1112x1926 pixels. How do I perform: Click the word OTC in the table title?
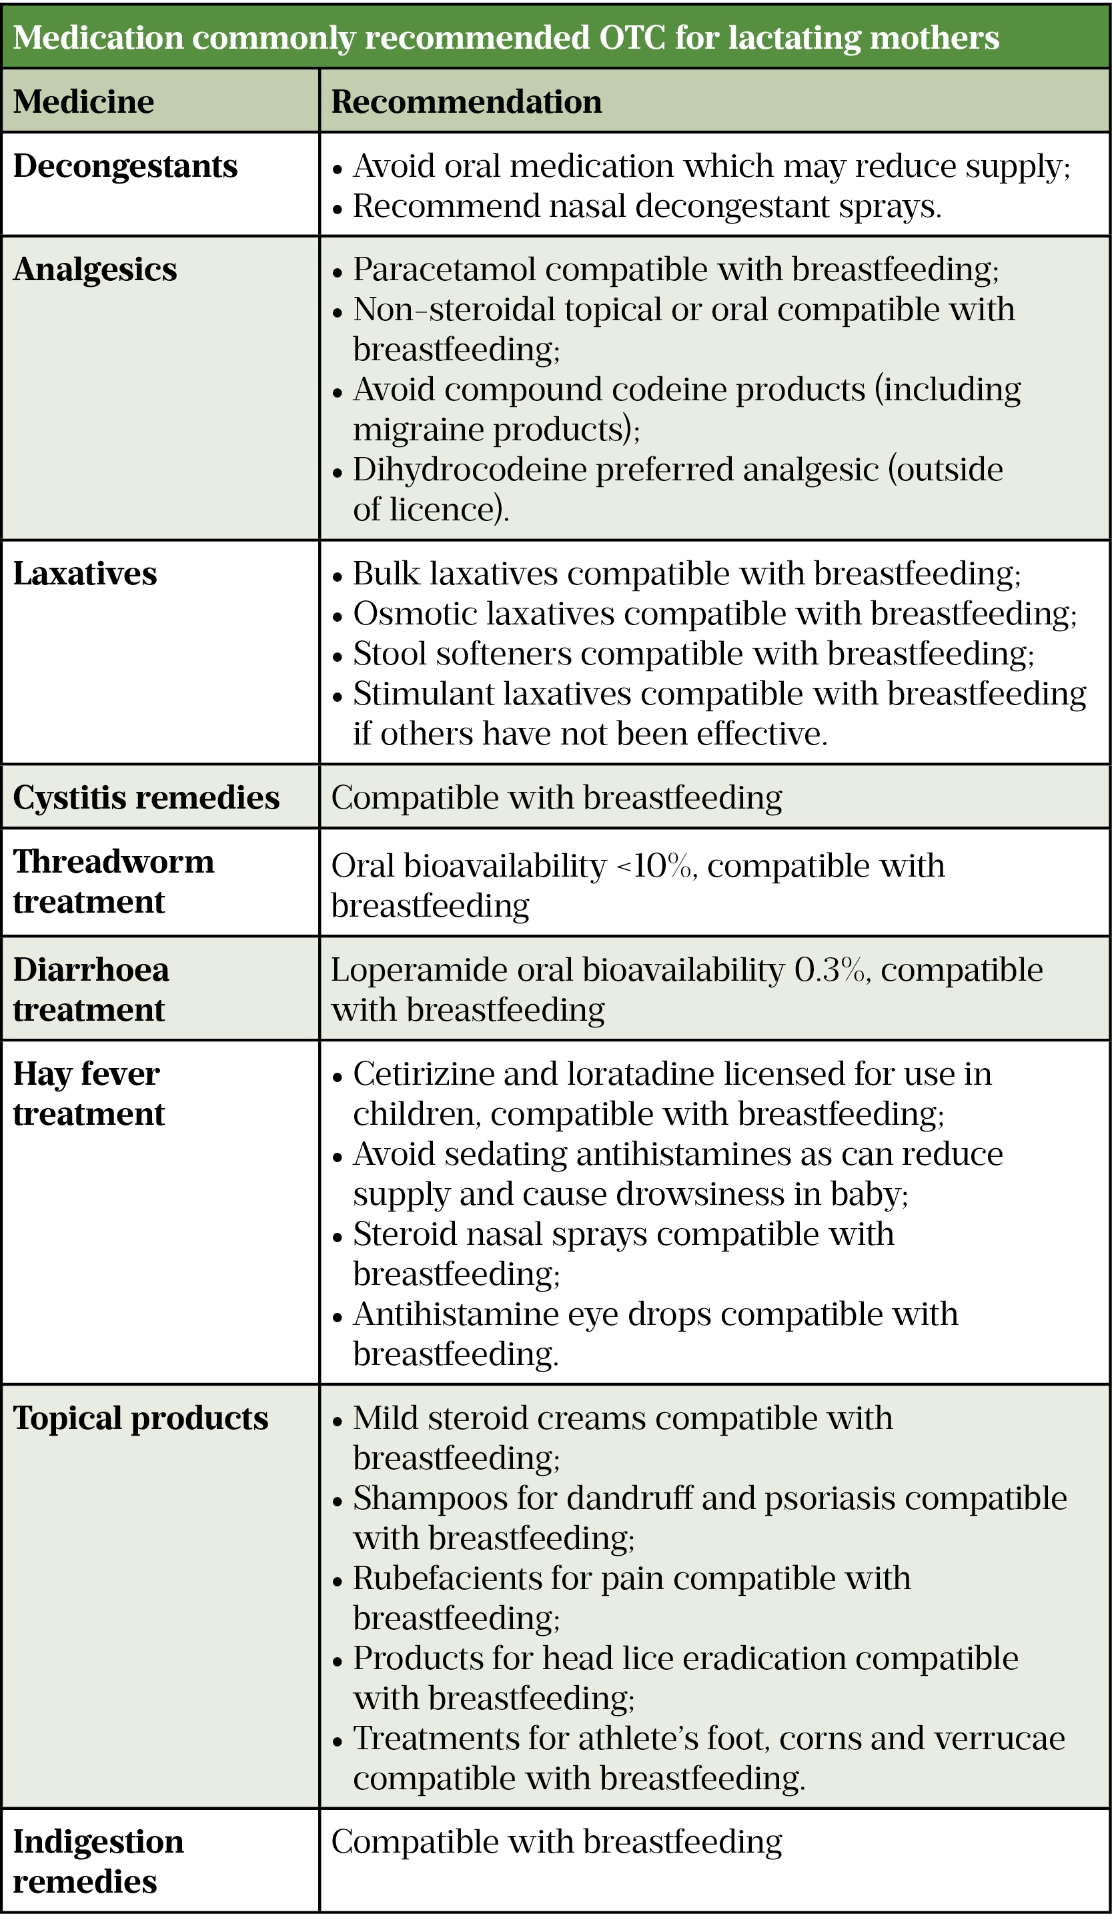point(632,37)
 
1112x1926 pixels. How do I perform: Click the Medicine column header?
point(83,101)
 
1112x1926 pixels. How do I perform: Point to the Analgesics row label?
point(95,270)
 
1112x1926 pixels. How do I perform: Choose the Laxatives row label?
point(85,574)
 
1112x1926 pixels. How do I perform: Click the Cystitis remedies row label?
point(146,797)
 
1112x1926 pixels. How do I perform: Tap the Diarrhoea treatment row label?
point(91,989)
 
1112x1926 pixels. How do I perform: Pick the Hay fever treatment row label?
point(89,1093)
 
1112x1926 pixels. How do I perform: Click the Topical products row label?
point(141,1418)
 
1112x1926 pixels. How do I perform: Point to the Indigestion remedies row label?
point(98,1861)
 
